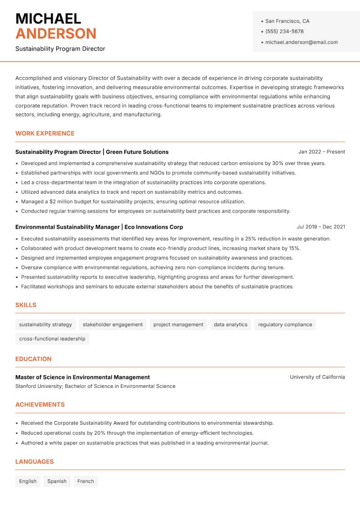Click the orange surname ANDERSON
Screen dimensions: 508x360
coord(56,34)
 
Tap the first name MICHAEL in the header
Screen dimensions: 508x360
coord(48,18)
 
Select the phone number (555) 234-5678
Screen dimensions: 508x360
coord(284,31)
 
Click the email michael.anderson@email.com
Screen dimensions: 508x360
coord(301,42)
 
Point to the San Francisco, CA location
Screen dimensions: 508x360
coord(287,21)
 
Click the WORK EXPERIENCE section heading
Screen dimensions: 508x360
coord(45,134)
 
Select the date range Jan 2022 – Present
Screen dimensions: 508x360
coord(321,152)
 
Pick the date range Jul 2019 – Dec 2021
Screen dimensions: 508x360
coord(321,227)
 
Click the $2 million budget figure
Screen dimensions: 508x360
coord(58,202)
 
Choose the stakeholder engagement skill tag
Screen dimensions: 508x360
coord(112,325)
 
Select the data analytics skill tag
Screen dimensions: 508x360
coord(230,325)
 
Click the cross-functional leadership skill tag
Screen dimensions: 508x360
coord(52,339)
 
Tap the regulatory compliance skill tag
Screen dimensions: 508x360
coord(285,325)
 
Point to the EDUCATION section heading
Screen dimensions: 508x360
coord(33,359)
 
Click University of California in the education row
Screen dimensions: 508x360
coord(317,377)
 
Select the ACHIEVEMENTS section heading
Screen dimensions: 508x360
coord(40,405)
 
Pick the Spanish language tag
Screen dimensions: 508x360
coord(57,481)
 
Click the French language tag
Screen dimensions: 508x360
coord(85,481)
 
